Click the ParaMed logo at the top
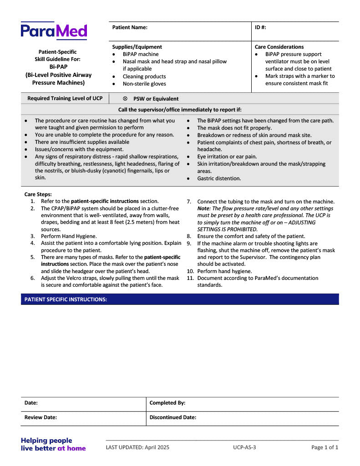pyautogui.click(x=54, y=31)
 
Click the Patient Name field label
pyautogui.click(x=130, y=27)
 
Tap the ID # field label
pyautogui.click(x=260, y=27)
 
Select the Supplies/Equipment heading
pyautogui.click(x=137, y=47)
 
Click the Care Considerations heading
pyautogui.click(x=279, y=47)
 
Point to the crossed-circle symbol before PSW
pyautogui.click(x=125, y=98)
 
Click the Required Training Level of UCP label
pyautogui.click(x=65, y=98)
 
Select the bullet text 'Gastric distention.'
pyautogui.click(x=219, y=178)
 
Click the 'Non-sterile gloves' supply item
pyautogui.click(x=144, y=84)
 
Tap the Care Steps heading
pyautogui.click(x=38, y=194)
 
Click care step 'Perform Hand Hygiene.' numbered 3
pyautogui.click(x=69, y=236)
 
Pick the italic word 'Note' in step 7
pyautogui.click(x=203, y=208)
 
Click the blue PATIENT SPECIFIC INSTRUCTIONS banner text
pyautogui.click(x=66, y=299)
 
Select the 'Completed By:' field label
pyautogui.click(x=167, y=403)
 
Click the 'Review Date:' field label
pyautogui.click(x=41, y=417)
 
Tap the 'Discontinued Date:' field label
pyautogui.click(x=173, y=417)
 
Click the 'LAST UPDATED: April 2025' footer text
pyautogui.click(x=137, y=447)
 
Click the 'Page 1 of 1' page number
pyautogui.click(x=325, y=447)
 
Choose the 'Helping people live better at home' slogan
pyautogui.click(x=53, y=444)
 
